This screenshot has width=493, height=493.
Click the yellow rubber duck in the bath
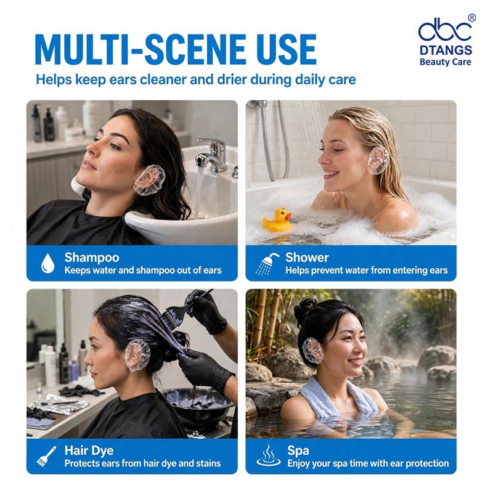point(277,219)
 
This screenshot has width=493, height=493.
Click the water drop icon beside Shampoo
point(48,263)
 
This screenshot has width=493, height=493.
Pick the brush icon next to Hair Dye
point(46,456)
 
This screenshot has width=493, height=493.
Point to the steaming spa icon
point(268,455)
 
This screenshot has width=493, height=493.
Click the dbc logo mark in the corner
point(445,29)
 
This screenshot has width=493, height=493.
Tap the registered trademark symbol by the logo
point(471,18)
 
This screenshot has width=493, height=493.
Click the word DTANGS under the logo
point(446,51)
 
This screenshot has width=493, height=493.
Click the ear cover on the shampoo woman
point(149,180)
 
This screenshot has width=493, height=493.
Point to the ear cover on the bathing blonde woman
point(378,160)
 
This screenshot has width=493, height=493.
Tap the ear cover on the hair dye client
point(137,356)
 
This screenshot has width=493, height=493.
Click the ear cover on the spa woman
point(312,351)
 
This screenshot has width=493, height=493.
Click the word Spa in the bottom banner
point(298,450)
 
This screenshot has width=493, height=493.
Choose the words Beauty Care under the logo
point(445,62)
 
